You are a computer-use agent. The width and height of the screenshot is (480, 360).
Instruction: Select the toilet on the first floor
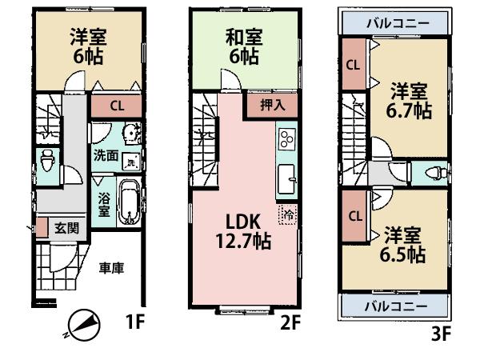pyautogui.click(x=47, y=158)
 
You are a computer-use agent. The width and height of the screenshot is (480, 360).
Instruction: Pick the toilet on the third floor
pyautogui.click(x=433, y=172)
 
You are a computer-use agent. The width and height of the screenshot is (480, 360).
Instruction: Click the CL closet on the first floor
pyautogui.click(x=116, y=105)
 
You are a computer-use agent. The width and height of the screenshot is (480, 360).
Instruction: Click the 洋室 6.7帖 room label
pyautogui.click(x=410, y=101)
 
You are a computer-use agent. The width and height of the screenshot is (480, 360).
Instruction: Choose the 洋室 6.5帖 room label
pyautogui.click(x=402, y=246)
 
